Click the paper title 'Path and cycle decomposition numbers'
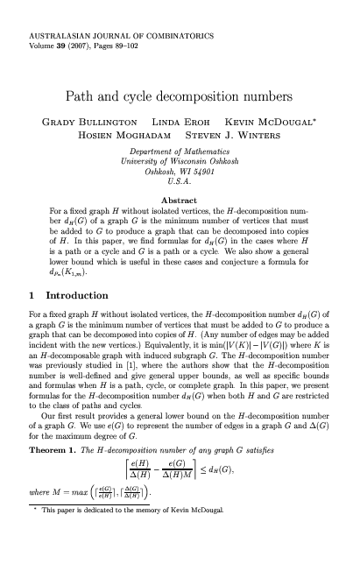tap(180, 91)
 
